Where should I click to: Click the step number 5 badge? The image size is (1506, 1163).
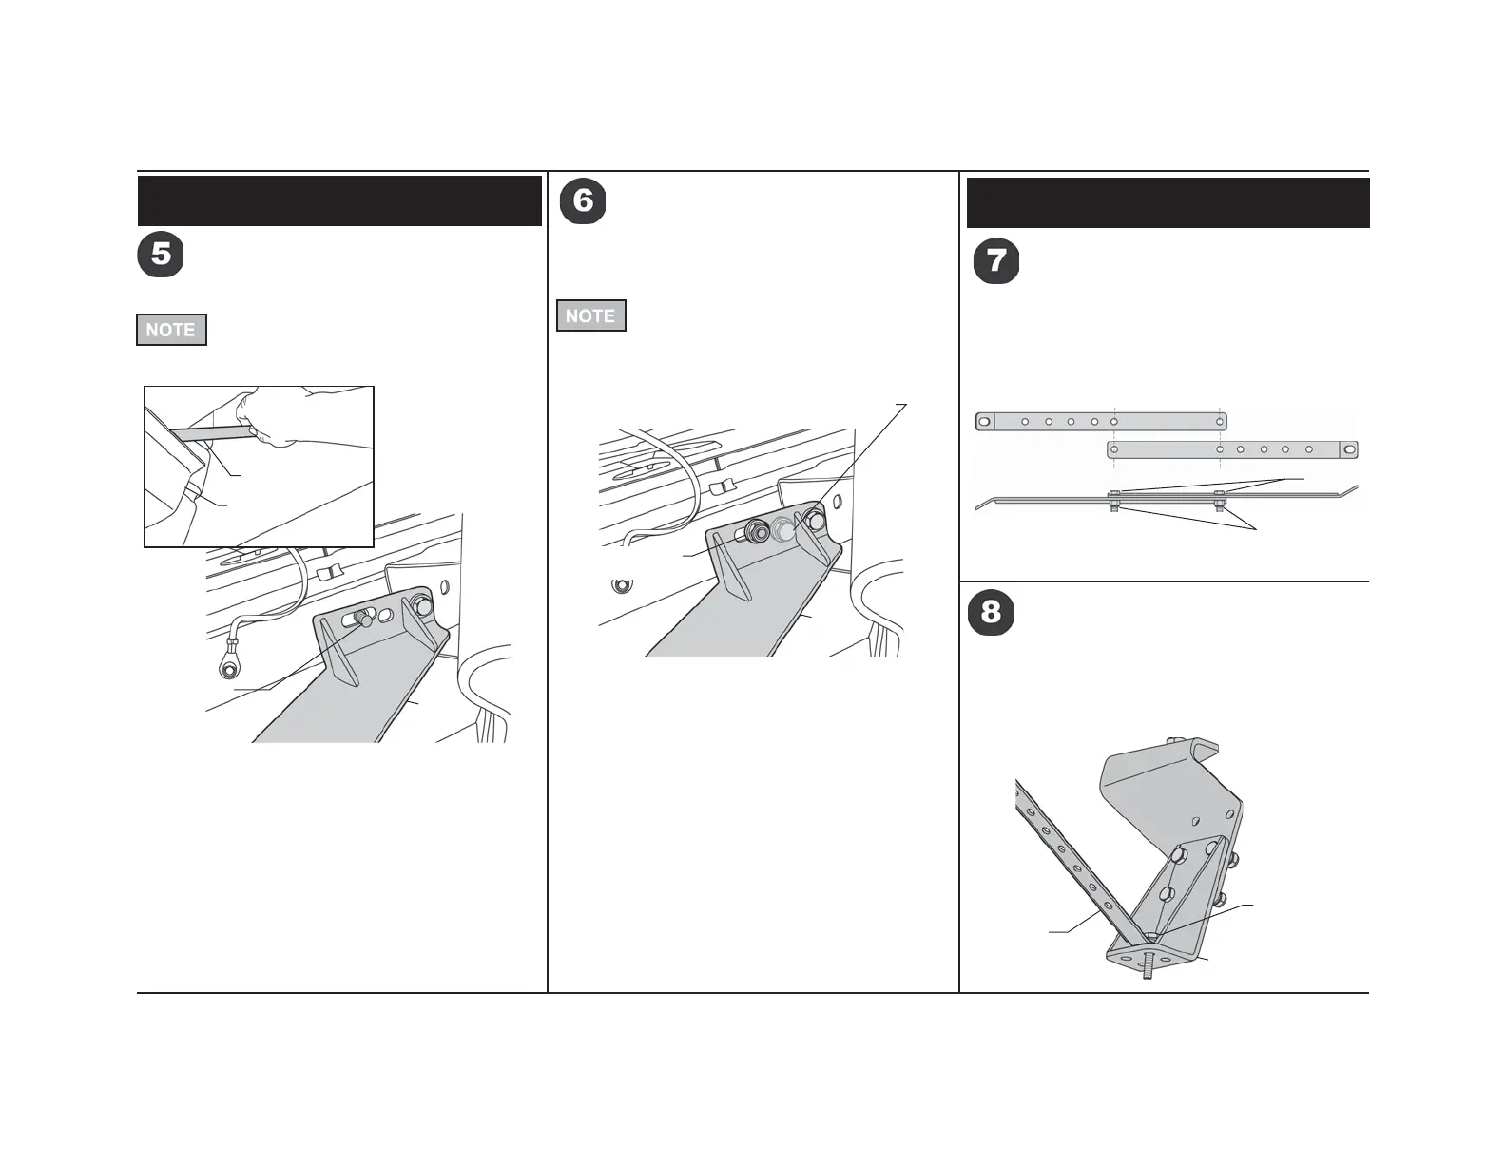point(161,255)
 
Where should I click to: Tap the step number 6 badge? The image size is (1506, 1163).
point(583,201)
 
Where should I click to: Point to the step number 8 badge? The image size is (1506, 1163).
point(991,612)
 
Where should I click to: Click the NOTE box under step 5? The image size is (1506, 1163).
point(171,330)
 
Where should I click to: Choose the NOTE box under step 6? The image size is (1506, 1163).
point(590,316)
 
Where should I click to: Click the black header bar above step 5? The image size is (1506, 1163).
point(339,200)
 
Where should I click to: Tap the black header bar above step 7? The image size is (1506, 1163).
point(1168,202)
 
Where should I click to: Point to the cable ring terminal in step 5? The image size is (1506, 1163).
point(228,668)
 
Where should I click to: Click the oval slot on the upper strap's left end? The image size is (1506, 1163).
point(985,422)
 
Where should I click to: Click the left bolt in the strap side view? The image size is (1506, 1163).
point(1114,501)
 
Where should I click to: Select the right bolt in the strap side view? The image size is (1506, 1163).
point(1220,501)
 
